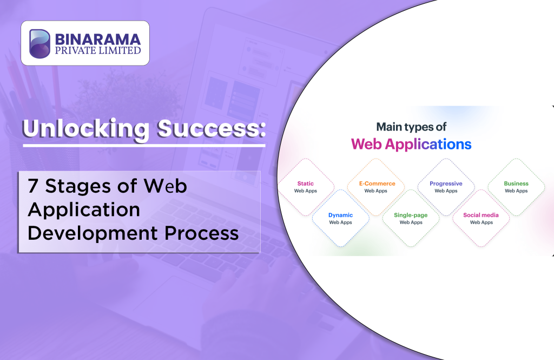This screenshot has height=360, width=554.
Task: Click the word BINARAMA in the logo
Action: point(97,39)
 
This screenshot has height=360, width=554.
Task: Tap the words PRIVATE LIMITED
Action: point(97,51)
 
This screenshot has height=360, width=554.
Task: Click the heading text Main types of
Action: point(411,127)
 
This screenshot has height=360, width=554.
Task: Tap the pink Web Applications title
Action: point(411,144)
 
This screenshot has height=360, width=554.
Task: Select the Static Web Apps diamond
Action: point(306,187)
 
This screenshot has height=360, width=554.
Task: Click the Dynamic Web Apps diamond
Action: point(341,218)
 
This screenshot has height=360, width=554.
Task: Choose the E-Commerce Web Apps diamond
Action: point(376,187)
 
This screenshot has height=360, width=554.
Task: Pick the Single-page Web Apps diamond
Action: point(411,218)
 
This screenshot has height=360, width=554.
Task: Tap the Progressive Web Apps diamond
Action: point(446,187)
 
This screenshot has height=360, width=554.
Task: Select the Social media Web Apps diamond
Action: point(481,218)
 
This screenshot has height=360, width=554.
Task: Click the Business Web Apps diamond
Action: point(516,187)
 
